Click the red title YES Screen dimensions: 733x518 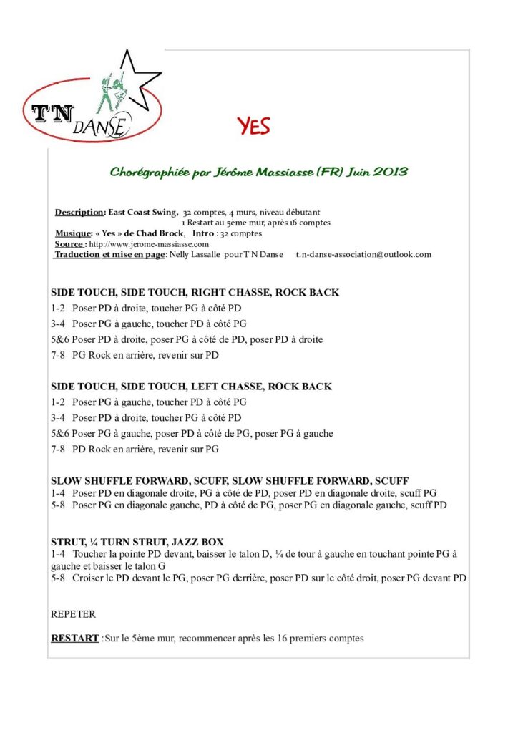click(x=254, y=127)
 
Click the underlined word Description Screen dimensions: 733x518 click(x=79, y=213)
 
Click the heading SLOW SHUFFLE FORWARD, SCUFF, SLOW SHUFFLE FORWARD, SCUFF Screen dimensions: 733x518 click(x=230, y=480)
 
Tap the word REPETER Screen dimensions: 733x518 click(x=73, y=614)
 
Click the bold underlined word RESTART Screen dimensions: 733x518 click(x=74, y=638)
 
